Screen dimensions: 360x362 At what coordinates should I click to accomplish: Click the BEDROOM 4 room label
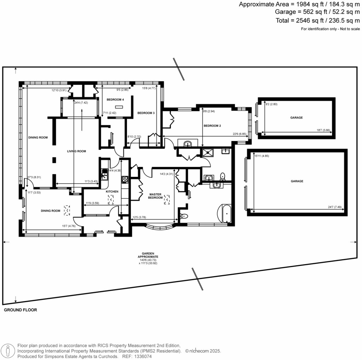point(116,100)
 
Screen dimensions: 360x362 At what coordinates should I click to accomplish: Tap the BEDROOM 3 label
point(146,113)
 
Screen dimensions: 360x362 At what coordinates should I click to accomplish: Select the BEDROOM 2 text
point(212,126)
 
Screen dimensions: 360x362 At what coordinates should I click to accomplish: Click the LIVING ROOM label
point(77,151)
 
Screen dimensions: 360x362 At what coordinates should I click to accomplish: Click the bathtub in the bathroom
point(226,214)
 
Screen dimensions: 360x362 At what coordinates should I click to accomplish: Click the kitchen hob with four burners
point(124,180)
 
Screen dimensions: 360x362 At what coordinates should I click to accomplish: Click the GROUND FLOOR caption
point(20,310)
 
